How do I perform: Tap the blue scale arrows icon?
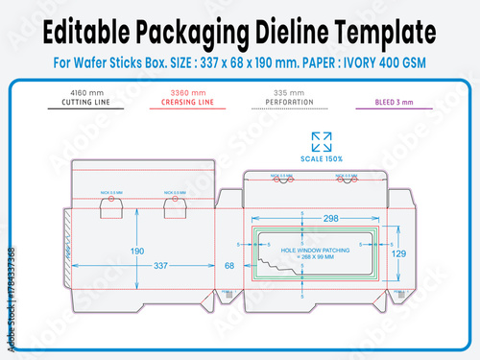pos(322,141)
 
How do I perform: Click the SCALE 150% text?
pos(322,157)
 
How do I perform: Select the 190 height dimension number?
pos(138,252)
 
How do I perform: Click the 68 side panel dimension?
pos(229,265)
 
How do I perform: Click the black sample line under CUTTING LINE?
pos(84,108)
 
